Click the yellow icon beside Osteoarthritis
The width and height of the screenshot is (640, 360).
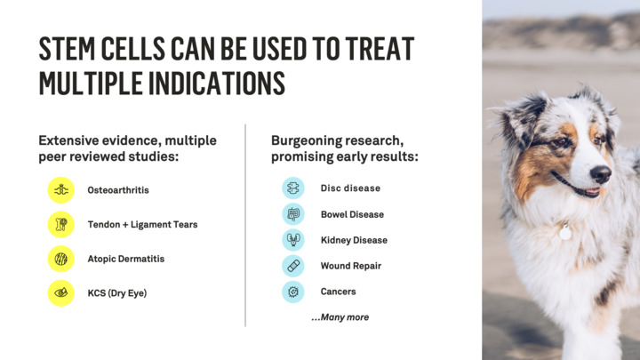pyautogui.click(x=61, y=190)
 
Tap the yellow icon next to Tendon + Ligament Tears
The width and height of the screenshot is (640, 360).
pyautogui.click(x=61, y=224)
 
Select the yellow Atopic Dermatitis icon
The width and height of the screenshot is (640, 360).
pyautogui.click(x=61, y=259)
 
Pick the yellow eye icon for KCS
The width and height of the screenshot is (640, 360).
pyautogui.click(x=61, y=293)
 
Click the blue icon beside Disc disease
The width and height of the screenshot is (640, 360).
pyautogui.click(x=293, y=188)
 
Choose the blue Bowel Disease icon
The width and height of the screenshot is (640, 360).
pyautogui.click(x=293, y=214)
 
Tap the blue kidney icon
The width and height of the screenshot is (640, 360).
pyautogui.click(x=293, y=240)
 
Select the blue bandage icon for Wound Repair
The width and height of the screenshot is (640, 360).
pyautogui.click(x=293, y=266)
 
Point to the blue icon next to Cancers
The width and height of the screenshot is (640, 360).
pyautogui.click(x=293, y=292)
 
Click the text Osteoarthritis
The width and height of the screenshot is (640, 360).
pyautogui.click(x=118, y=190)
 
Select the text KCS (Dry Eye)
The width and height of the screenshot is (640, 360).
pyautogui.click(x=117, y=293)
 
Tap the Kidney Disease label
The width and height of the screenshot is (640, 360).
pyautogui.click(x=354, y=240)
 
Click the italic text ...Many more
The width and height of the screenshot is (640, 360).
pyautogui.click(x=340, y=317)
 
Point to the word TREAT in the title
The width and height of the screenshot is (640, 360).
pyautogui.click(x=380, y=49)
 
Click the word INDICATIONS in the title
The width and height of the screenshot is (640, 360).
pyautogui.click(x=216, y=83)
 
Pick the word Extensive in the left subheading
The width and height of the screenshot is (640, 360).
pyautogui.click(x=68, y=140)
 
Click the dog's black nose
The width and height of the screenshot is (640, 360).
pyautogui.click(x=600, y=174)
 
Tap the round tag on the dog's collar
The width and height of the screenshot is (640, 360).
pyautogui.click(x=565, y=233)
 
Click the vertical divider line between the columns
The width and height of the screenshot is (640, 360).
pyautogui.click(x=245, y=225)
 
